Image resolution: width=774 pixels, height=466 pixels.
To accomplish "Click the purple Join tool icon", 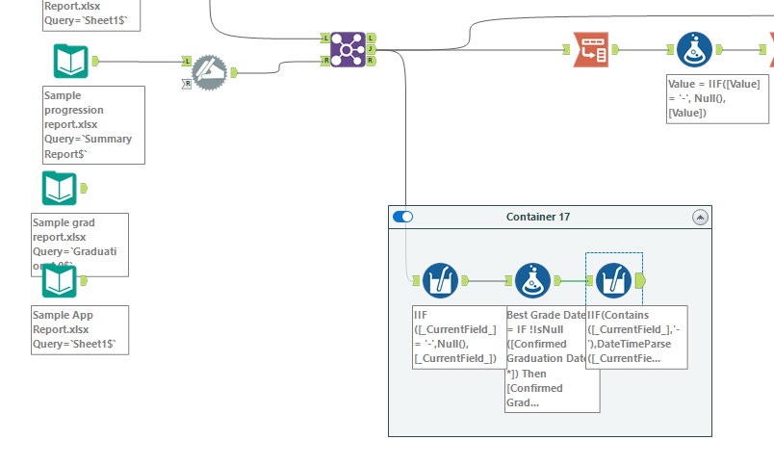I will click(x=347, y=48).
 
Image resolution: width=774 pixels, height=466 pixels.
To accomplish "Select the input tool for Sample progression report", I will click(x=71, y=61).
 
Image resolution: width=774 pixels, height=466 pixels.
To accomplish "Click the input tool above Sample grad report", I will click(x=60, y=188).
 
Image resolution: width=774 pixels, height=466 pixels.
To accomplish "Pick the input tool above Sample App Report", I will click(x=60, y=280).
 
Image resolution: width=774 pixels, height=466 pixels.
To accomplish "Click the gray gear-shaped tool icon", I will click(x=210, y=72).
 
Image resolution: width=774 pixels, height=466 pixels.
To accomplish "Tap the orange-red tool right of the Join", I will click(x=589, y=49).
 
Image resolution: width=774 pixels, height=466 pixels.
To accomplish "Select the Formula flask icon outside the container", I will click(x=689, y=49).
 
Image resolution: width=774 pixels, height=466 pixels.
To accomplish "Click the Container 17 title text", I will click(x=537, y=217).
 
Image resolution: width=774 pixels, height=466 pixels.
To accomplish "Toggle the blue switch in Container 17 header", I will click(x=403, y=217).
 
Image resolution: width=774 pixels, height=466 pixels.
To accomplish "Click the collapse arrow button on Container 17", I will click(x=700, y=217).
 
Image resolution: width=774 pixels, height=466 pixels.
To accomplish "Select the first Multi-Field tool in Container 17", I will click(x=438, y=280).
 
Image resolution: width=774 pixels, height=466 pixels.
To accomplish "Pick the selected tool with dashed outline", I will click(x=614, y=280).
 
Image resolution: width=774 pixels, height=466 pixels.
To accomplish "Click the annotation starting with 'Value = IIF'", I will click(x=713, y=98).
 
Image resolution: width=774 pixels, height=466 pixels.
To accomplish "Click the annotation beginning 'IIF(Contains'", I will click(x=636, y=337).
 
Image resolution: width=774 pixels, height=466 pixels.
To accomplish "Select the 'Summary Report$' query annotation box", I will click(x=93, y=124).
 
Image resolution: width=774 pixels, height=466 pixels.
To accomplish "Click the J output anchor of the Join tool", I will click(x=371, y=49).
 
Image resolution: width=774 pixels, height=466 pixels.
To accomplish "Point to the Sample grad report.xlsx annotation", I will click(x=79, y=245).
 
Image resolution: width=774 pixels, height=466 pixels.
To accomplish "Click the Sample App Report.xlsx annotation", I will click(x=79, y=329).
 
